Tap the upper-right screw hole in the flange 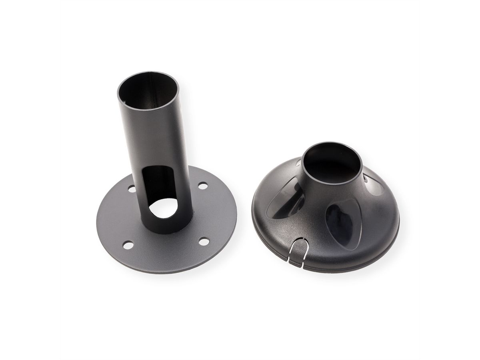203,186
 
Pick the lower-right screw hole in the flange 204,241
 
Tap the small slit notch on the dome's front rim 296,253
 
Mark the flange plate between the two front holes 166,252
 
